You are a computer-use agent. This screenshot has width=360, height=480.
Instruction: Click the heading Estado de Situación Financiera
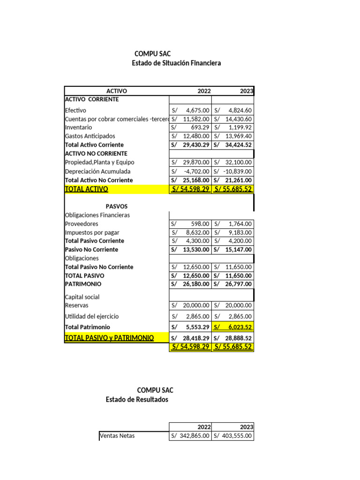click(x=176, y=63)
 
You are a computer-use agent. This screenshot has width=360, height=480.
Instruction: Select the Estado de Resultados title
click(x=137, y=399)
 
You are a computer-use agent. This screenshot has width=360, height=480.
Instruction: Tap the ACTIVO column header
click(x=117, y=91)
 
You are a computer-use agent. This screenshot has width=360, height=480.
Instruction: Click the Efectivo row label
click(x=75, y=110)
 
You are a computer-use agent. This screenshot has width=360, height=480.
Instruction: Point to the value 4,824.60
click(x=240, y=110)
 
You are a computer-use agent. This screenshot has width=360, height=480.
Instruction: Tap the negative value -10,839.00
click(x=236, y=172)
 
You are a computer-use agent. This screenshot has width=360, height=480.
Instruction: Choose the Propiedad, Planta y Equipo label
click(x=99, y=162)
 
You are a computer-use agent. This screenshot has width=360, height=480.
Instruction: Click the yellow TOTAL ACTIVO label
click(x=86, y=189)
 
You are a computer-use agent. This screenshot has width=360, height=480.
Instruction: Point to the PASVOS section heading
click(x=117, y=206)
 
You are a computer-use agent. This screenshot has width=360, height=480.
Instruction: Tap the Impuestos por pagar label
click(x=92, y=232)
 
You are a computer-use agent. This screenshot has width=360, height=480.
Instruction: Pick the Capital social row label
click(x=82, y=297)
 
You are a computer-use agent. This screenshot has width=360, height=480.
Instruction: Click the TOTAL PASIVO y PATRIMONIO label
click(x=109, y=337)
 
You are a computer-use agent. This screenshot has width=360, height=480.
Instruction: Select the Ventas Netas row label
click(x=117, y=435)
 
